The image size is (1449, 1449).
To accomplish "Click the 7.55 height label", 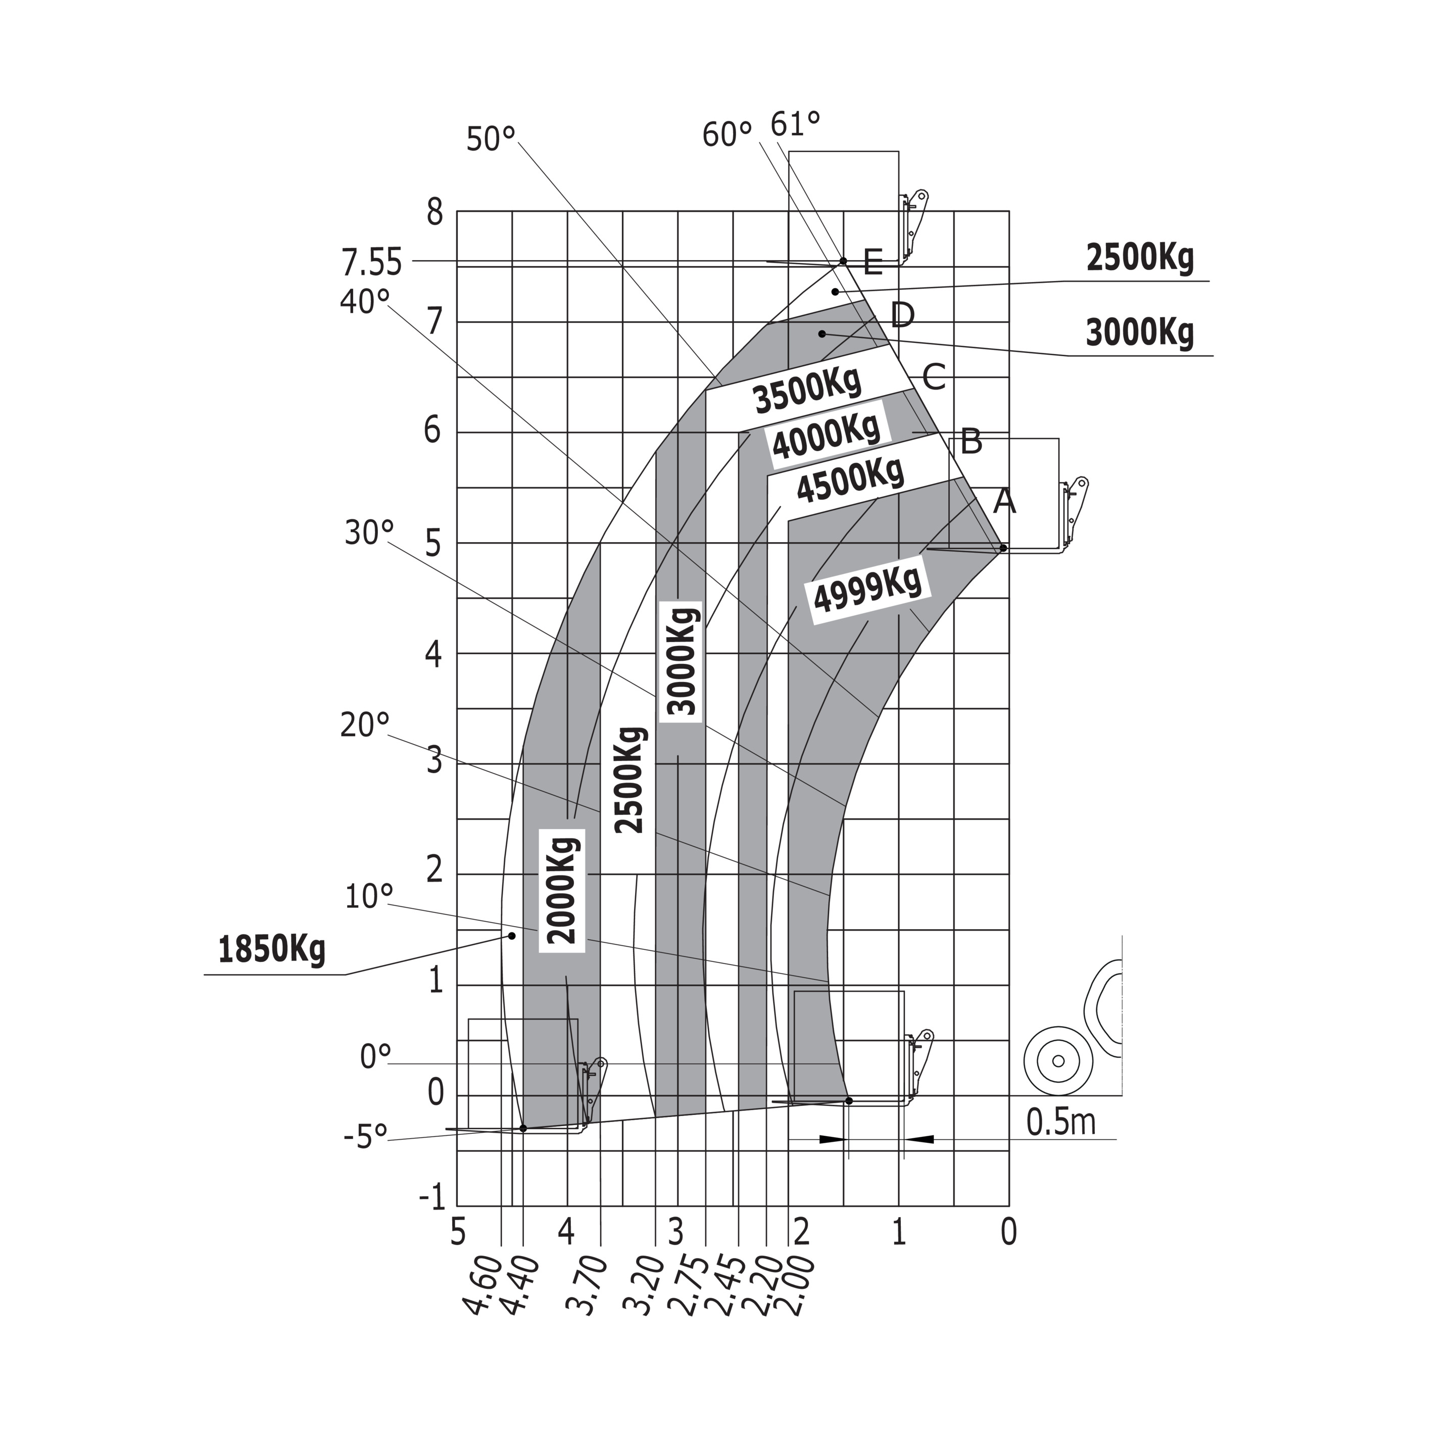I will pyautogui.click(x=372, y=263).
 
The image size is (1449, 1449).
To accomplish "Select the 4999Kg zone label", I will pyautogui.click(x=868, y=590).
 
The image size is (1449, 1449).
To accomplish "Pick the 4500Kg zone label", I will pyautogui.click(x=850, y=479).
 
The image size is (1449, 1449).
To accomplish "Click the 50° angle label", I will pyautogui.click(x=491, y=139).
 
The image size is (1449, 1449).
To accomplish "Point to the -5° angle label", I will pyautogui.click(x=365, y=1136).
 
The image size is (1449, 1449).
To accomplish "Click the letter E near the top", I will pyautogui.click(x=872, y=263).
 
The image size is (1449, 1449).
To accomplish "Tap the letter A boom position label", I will pyautogui.click(x=1004, y=501).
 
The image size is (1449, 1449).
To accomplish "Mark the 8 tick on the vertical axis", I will pyautogui.click(x=435, y=213).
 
